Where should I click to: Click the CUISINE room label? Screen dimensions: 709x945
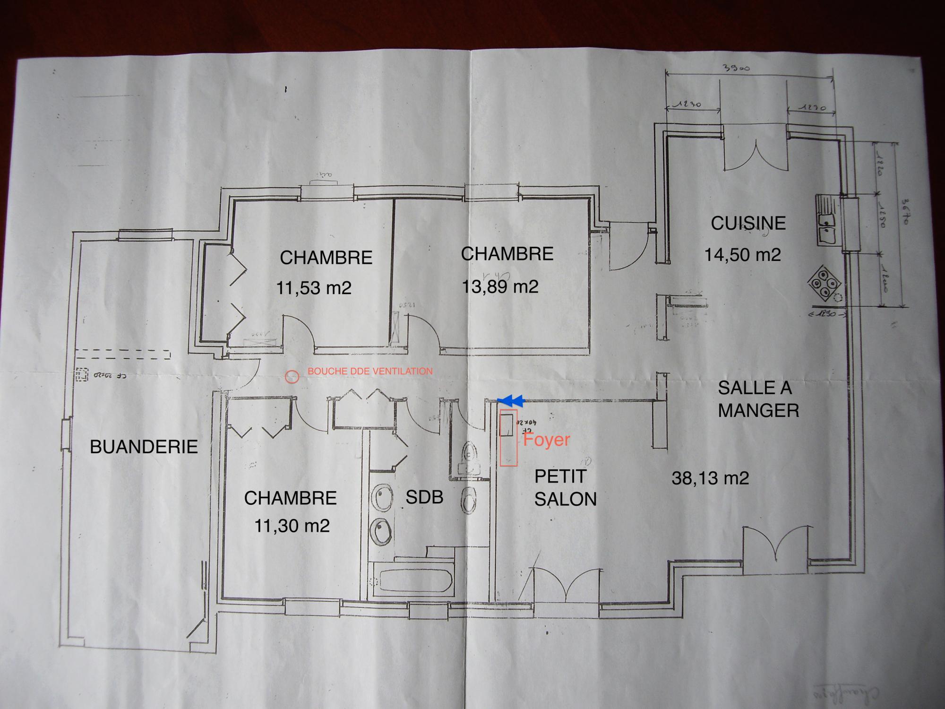pos(748,223)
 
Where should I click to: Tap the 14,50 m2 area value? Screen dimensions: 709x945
pos(742,255)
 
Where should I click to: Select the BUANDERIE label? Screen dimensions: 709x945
pos(144,447)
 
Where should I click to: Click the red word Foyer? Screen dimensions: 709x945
pos(546,440)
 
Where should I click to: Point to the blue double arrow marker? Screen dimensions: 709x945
pos(511,401)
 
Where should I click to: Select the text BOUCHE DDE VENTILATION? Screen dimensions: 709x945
pos(370,372)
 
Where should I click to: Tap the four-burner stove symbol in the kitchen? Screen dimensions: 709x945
pos(825,284)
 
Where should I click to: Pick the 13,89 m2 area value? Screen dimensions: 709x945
pos(500,286)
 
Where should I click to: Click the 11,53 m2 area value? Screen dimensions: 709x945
pos(314,288)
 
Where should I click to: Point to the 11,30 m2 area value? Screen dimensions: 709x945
pos(292,526)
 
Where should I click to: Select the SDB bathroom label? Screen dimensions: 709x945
pos(424,497)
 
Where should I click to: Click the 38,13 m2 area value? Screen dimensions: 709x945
pos(710,478)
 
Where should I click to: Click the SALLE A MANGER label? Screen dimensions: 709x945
pos(758,399)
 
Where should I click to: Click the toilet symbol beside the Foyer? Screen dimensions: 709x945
pos(469,456)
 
